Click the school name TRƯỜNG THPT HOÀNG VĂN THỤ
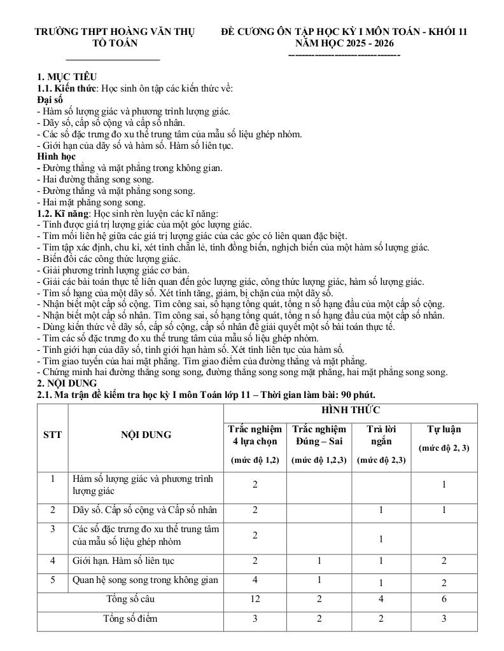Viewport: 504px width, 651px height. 115,31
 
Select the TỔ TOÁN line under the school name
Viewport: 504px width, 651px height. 115,43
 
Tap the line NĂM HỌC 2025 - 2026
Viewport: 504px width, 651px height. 344,43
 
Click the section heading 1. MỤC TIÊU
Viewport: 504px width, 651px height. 67,77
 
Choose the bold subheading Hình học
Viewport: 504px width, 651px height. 56,156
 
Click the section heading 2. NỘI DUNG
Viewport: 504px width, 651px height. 67,383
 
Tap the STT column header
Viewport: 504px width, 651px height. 53,435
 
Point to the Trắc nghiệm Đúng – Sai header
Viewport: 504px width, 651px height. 319,435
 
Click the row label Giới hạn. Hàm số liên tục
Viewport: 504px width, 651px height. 123,561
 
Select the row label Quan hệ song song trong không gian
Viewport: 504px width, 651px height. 146,580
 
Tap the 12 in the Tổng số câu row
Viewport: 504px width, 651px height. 255,599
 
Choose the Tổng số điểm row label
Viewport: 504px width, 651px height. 131,619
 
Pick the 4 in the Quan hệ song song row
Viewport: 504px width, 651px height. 255,579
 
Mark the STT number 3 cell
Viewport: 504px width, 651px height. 53,529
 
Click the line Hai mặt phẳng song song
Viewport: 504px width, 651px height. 91,202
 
